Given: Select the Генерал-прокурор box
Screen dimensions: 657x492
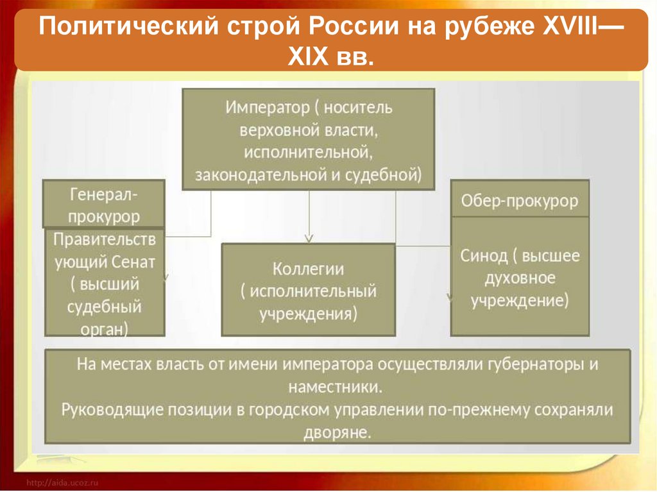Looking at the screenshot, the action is (x=104, y=204).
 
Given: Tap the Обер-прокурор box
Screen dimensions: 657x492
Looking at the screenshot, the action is (x=520, y=201).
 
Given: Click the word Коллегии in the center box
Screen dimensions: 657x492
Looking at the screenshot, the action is (x=309, y=269).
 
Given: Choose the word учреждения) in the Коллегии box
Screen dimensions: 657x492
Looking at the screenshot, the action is (x=309, y=314).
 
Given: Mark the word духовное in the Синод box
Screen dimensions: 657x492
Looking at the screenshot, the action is (x=520, y=279).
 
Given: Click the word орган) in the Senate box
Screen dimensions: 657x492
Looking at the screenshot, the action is (x=105, y=328).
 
